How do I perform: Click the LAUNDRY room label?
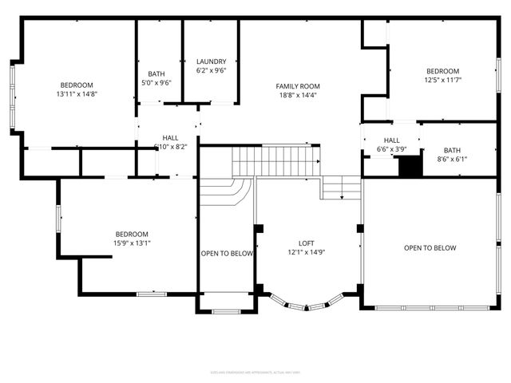coord(212,61)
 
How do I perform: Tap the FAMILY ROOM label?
coord(298,86)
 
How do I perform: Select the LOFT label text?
coord(307,243)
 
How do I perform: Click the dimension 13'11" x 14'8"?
coord(77,94)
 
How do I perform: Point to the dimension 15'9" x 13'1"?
coord(132,243)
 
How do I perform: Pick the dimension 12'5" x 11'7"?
coord(442,80)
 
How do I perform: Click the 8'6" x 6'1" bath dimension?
coord(452,159)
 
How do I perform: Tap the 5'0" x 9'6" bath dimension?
coord(156,82)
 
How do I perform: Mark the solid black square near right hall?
coord(409,167)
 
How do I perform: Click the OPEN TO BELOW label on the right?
coord(430,248)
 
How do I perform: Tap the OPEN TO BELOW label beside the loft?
coord(227,254)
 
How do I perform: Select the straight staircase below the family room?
coord(276,160)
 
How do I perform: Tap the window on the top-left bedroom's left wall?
coord(11,97)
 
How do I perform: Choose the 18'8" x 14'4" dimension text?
coord(298,95)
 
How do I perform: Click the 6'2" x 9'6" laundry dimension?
coord(212,70)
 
